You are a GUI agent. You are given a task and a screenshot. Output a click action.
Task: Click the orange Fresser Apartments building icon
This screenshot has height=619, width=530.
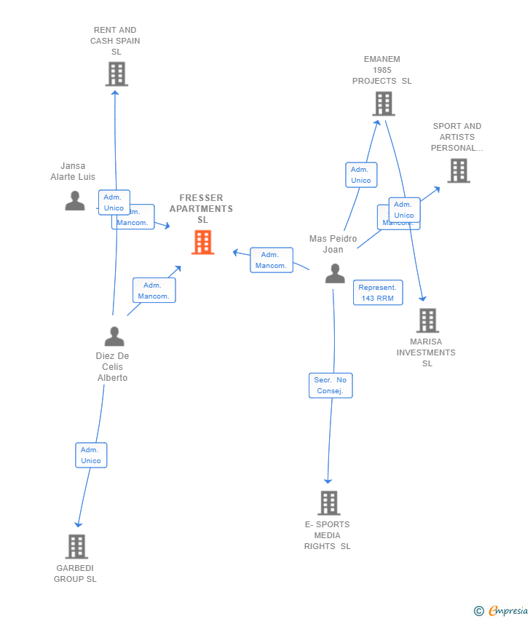tap(202, 243)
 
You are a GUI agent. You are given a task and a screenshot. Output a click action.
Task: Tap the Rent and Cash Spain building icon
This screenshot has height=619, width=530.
tap(116, 74)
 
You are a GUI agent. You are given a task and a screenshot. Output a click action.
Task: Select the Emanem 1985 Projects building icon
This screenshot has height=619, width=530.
tap(384, 104)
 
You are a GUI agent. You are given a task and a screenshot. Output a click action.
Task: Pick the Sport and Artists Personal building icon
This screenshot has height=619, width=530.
tap(458, 170)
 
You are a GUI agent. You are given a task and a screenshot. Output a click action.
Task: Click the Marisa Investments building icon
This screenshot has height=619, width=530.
tap(427, 320)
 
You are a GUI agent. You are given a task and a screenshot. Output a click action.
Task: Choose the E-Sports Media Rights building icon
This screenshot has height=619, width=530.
tap(328, 503)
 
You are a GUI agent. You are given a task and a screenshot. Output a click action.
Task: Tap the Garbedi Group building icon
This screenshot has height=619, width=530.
tap(76, 546)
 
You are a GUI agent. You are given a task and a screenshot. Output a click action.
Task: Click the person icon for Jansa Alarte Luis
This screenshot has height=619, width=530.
tap(74, 200)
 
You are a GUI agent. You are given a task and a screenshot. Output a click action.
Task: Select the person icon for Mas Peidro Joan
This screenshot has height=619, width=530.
tap(335, 273)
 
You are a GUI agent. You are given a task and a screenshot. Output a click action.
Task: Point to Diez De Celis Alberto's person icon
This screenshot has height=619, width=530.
tap(114, 336)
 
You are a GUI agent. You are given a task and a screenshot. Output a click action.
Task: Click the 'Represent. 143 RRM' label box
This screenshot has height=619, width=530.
tap(378, 293)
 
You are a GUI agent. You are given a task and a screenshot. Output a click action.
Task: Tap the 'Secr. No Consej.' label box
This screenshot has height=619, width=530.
tap(331, 385)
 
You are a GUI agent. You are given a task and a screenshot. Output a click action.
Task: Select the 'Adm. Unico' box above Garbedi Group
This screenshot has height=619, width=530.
tap(91, 455)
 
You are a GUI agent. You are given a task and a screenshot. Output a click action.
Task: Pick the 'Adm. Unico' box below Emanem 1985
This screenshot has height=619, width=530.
tap(360, 175)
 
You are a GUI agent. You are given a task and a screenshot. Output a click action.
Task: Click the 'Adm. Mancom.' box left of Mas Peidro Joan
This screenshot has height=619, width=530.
tap(271, 260)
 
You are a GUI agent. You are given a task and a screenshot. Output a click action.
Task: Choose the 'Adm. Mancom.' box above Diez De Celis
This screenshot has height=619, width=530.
tap(154, 291)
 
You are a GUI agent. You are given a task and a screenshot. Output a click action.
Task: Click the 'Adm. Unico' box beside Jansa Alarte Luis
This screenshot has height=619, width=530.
tap(114, 202)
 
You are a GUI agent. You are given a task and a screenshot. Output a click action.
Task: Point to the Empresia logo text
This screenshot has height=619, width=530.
tap(507, 610)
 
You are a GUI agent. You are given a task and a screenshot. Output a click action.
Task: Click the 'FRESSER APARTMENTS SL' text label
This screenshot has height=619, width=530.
tap(201, 209)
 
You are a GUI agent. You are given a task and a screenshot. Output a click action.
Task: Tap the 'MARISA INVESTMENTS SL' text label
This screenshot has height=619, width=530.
tap(426, 352)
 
